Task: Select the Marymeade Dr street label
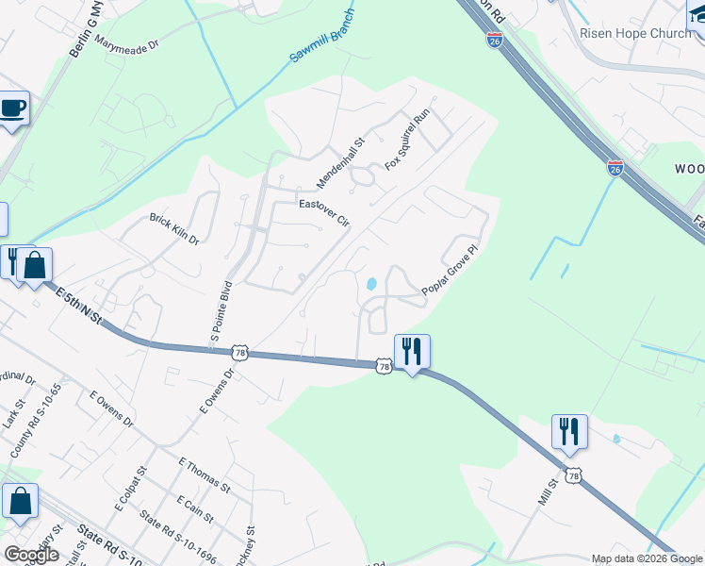tap(126, 43)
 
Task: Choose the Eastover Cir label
tap(324, 212)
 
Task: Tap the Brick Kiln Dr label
tap(174, 229)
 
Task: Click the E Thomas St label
tap(204, 474)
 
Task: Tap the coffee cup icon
tap(13, 108)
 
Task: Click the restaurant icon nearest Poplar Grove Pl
tap(412, 352)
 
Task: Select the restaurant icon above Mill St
tap(569, 432)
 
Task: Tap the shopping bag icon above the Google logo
tap(20, 502)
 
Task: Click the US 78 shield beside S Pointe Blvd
tap(240, 351)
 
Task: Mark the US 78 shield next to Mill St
tap(573, 476)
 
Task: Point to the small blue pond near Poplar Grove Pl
tap(371, 284)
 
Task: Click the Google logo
tap(30, 555)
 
